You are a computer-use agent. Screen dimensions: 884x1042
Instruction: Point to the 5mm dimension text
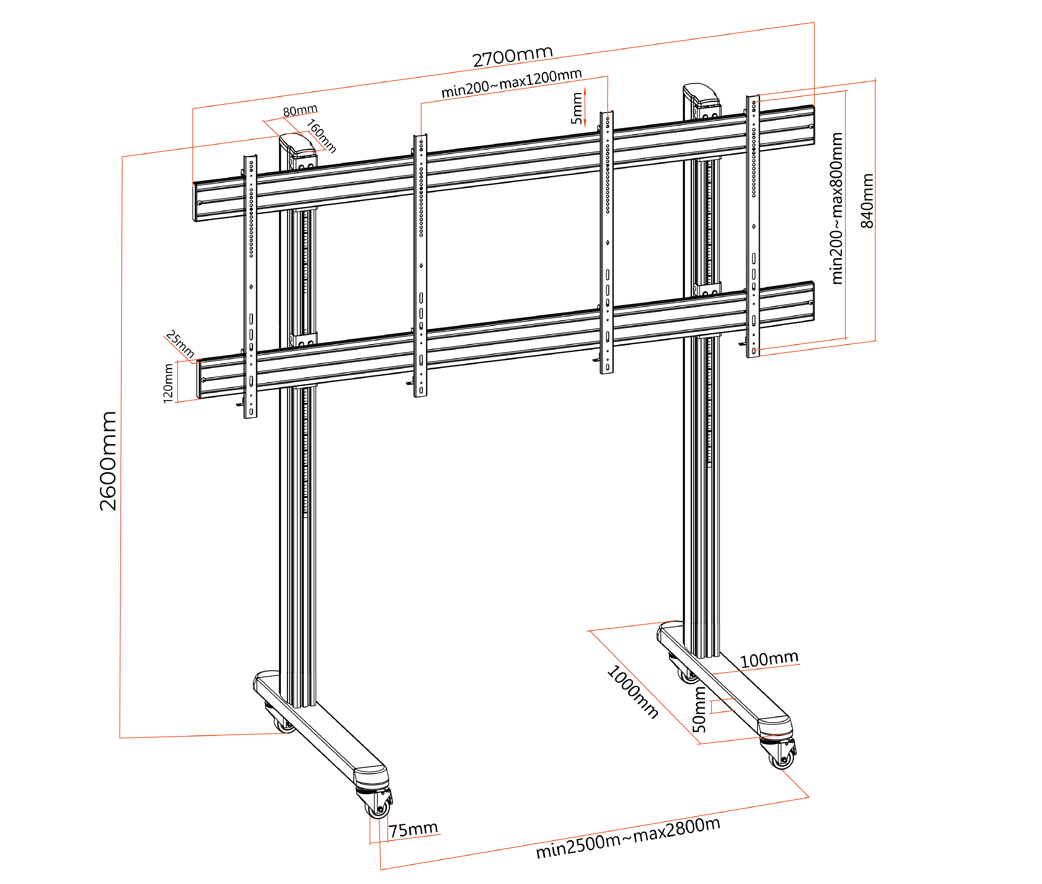coord(577,108)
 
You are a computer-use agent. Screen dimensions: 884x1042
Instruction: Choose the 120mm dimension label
coord(168,383)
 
